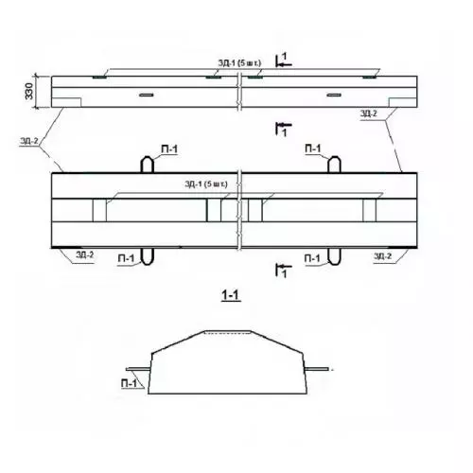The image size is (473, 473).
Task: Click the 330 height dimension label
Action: pos(29,91)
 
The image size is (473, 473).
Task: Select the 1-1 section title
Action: pos(231,295)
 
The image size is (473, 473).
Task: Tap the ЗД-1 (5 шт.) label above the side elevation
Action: pos(239,63)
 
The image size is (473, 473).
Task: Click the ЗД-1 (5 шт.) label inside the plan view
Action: pos(206,184)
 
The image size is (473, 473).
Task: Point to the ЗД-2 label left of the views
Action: pos(29,141)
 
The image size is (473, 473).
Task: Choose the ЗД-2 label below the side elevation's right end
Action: pos(369,114)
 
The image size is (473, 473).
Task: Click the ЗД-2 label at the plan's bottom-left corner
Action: pos(84,254)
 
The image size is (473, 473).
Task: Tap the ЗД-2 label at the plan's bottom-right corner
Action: pos(383,256)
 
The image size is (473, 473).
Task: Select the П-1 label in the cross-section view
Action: pos(130,383)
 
